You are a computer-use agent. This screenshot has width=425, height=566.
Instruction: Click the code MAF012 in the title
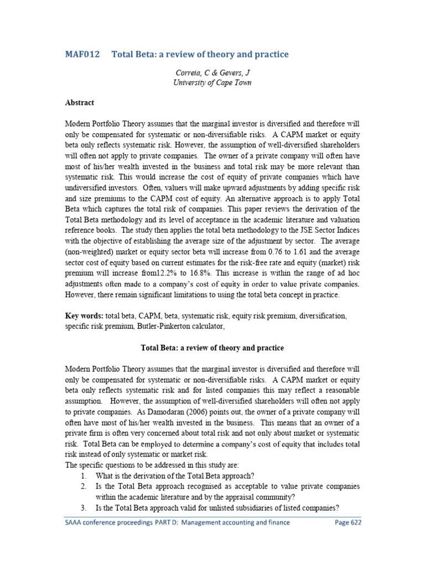point(82,54)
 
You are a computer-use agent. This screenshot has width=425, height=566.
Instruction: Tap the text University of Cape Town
point(212,82)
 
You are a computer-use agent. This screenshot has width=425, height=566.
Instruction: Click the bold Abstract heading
point(80,103)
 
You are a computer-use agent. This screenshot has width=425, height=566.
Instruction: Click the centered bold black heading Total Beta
point(212,348)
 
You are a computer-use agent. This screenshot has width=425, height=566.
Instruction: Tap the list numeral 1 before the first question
point(83,475)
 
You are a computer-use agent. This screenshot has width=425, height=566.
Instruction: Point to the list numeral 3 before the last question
point(83,508)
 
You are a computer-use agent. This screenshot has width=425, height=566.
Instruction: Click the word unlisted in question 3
point(228,508)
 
